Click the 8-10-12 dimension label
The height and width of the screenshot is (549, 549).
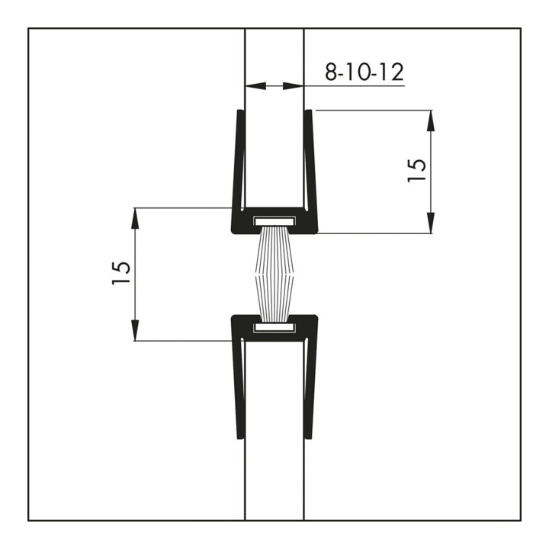[x=364, y=72]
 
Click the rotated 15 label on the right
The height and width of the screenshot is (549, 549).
[x=416, y=170]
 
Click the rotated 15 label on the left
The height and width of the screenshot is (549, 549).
[x=121, y=273]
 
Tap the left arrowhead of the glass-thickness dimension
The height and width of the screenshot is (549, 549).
[x=255, y=85]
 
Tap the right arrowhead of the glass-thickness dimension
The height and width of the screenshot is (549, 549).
[x=293, y=85]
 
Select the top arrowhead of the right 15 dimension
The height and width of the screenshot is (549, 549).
[x=431, y=120]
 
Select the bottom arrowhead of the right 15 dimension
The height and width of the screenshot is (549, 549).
[x=431, y=223]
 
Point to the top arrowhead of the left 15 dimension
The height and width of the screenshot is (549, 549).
[x=135, y=219]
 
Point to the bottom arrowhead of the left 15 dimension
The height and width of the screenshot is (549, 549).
[x=135, y=330]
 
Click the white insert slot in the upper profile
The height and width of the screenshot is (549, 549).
[x=274, y=221]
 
